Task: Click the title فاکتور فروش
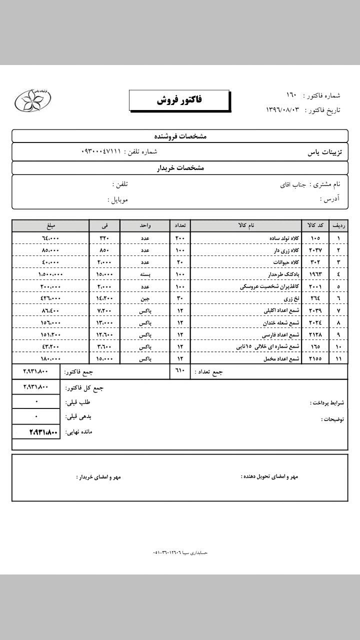tap(179, 100)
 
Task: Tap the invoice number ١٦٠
tap(291, 95)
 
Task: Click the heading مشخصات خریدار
tap(180, 168)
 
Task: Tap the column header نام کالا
tap(246, 225)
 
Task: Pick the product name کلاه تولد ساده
tap(282, 238)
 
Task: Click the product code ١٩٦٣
tap(315, 274)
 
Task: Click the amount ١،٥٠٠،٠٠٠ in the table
tap(50, 274)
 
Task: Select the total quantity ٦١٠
tap(180, 371)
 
